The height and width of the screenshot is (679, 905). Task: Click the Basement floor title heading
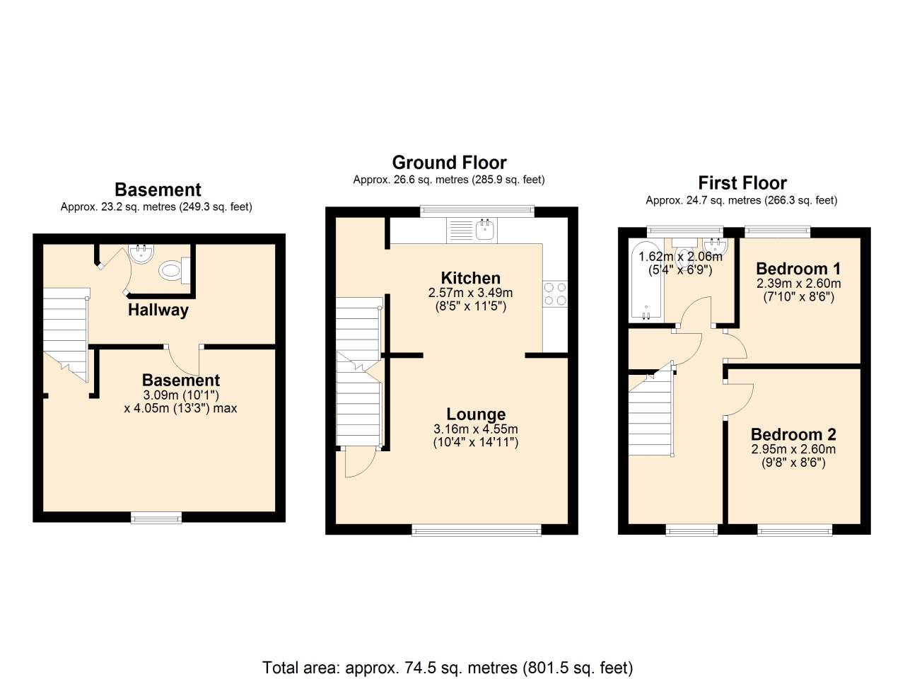click(x=158, y=190)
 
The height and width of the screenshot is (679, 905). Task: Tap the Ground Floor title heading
click(x=449, y=163)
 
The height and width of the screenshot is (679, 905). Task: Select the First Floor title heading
click(x=742, y=183)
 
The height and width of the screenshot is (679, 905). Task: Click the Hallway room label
click(x=158, y=310)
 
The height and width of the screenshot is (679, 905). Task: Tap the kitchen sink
click(x=485, y=229)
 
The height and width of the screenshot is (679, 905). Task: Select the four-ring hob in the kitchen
click(x=555, y=294)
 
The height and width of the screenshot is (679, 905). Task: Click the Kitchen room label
click(x=470, y=278)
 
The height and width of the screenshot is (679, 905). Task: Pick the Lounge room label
click(x=476, y=414)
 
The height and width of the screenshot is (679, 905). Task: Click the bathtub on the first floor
click(x=646, y=280)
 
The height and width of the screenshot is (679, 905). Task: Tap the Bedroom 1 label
click(x=798, y=269)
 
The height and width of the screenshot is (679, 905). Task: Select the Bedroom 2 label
click(x=793, y=434)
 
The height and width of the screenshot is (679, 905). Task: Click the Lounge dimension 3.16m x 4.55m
click(x=476, y=429)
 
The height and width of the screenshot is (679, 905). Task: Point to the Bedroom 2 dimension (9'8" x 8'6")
click(x=793, y=463)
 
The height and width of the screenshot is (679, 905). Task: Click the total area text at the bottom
click(x=448, y=667)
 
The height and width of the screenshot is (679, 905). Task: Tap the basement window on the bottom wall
click(x=156, y=518)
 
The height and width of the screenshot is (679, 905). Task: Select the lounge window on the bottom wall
click(x=477, y=530)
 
